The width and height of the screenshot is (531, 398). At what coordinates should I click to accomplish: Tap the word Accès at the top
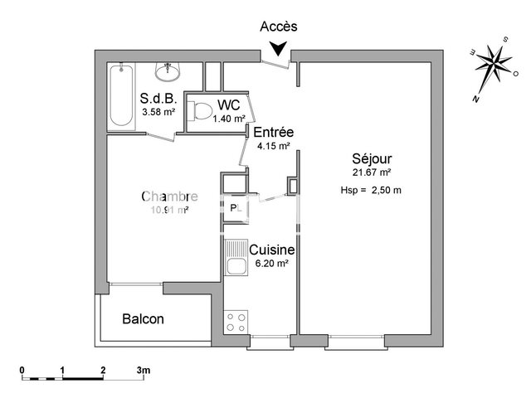tap(279, 27)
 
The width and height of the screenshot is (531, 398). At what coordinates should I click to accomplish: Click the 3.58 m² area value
tap(158, 112)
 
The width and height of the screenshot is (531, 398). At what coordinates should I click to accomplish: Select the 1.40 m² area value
tap(229, 119)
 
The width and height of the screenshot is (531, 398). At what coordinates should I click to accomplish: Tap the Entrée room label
tap(273, 133)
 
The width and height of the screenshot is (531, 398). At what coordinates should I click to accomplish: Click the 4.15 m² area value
tap(273, 146)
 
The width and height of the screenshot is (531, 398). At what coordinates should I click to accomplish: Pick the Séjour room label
tap(372, 158)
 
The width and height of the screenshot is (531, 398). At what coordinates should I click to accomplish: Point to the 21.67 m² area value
tap(372, 172)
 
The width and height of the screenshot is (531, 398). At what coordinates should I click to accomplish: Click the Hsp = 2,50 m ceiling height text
tap(371, 190)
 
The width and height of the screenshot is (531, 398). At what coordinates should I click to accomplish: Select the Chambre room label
tap(169, 197)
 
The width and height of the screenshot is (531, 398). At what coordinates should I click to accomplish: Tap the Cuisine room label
tap(273, 249)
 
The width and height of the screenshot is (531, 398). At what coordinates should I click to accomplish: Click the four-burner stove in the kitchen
tap(236, 320)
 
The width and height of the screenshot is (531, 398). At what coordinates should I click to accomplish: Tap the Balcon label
tap(143, 318)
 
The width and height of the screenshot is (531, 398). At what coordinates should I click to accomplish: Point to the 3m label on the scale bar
tap(143, 369)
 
